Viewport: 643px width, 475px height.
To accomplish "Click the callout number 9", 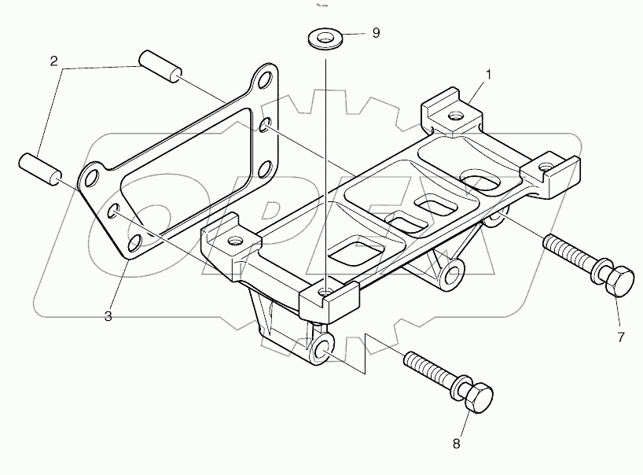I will pos(376,33).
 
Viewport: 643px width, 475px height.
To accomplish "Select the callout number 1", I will pos(488,75).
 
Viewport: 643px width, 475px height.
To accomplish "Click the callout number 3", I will pos(108,315).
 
